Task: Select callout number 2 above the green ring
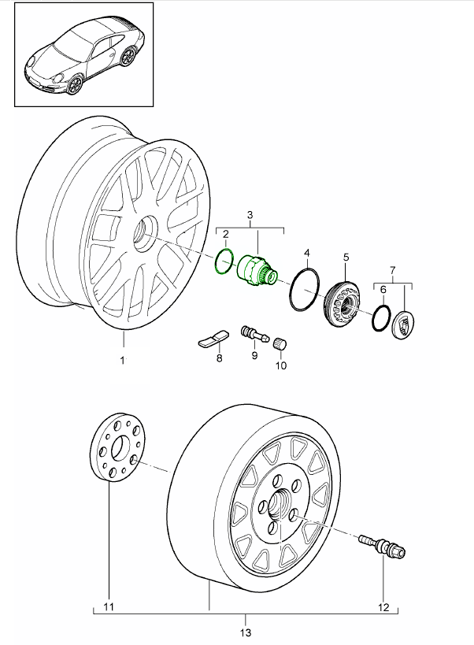point(225,234)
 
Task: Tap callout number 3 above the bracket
point(250,215)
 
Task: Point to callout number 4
point(307,253)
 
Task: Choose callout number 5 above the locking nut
point(345,257)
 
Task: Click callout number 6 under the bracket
point(383,290)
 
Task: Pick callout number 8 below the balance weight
point(219,358)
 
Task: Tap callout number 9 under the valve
point(254,356)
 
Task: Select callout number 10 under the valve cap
point(281,365)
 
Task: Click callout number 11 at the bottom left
point(109,606)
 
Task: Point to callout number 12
point(383,606)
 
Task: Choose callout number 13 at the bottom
point(246,632)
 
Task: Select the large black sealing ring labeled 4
point(304,291)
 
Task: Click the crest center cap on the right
point(402,324)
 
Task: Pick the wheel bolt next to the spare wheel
point(383,545)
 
